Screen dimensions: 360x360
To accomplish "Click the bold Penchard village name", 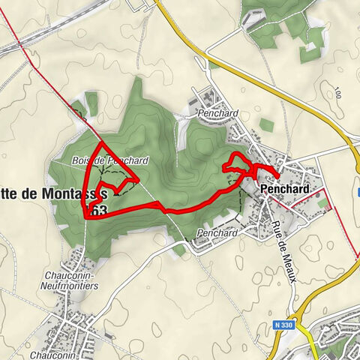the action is click(x=284, y=190).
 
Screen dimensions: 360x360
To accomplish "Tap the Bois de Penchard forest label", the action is click(x=111, y=160).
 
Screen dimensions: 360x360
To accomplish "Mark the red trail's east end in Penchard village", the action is click(x=278, y=177).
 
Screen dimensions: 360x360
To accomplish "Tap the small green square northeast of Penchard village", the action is click(x=267, y=125).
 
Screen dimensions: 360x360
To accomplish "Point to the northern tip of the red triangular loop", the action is click(x=100, y=141).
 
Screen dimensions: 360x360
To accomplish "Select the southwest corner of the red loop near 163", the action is click(x=85, y=216).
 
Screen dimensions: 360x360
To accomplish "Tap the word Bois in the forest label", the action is click(x=82, y=160).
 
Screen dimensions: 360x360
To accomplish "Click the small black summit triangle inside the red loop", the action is click(x=117, y=192).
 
